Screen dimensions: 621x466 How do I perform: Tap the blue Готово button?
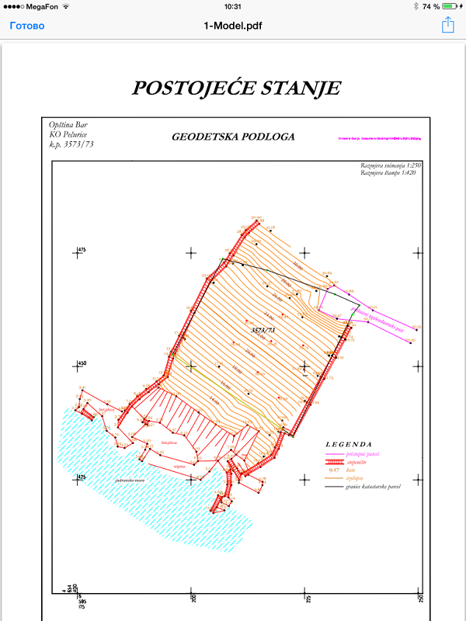(x=27, y=26)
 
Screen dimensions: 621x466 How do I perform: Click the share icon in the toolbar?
(x=447, y=26)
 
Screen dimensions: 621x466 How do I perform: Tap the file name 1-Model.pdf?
(x=233, y=26)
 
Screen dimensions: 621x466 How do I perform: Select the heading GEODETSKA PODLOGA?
(x=233, y=137)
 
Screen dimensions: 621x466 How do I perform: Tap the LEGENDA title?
(x=355, y=444)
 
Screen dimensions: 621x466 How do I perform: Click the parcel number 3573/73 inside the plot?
(x=264, y=331)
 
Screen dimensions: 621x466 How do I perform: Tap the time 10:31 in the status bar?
(x=233, y=6)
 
